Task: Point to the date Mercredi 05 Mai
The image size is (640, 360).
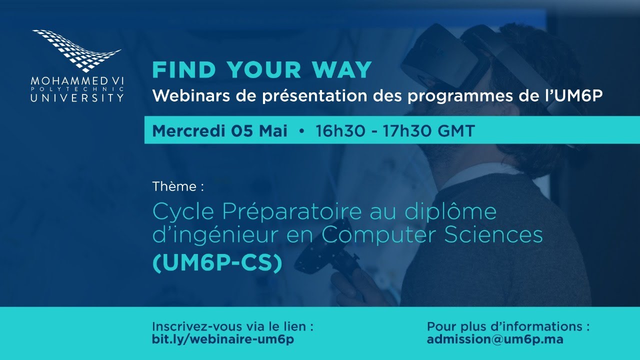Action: point(220,131)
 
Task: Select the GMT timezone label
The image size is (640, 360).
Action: point(455,131)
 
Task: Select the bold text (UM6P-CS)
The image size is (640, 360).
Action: point(217,263)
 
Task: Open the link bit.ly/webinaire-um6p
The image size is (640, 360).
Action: point(223,339)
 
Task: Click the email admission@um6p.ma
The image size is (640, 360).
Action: point(495,339)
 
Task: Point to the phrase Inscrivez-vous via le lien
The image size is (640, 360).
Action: point(233,326)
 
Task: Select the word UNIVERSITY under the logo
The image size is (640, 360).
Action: point(77,97)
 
